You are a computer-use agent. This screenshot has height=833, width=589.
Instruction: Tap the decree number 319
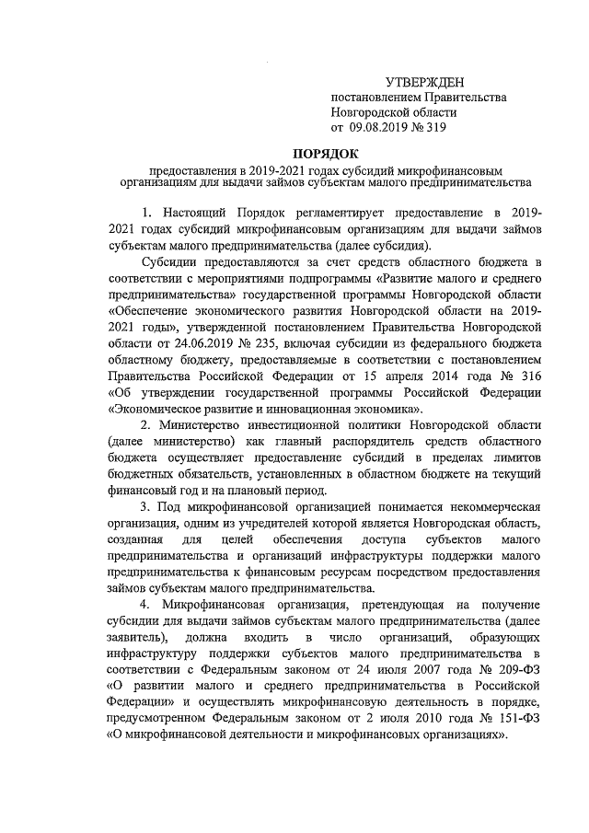(434, 128)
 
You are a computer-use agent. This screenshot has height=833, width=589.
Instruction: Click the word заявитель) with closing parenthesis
(138, 637)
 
